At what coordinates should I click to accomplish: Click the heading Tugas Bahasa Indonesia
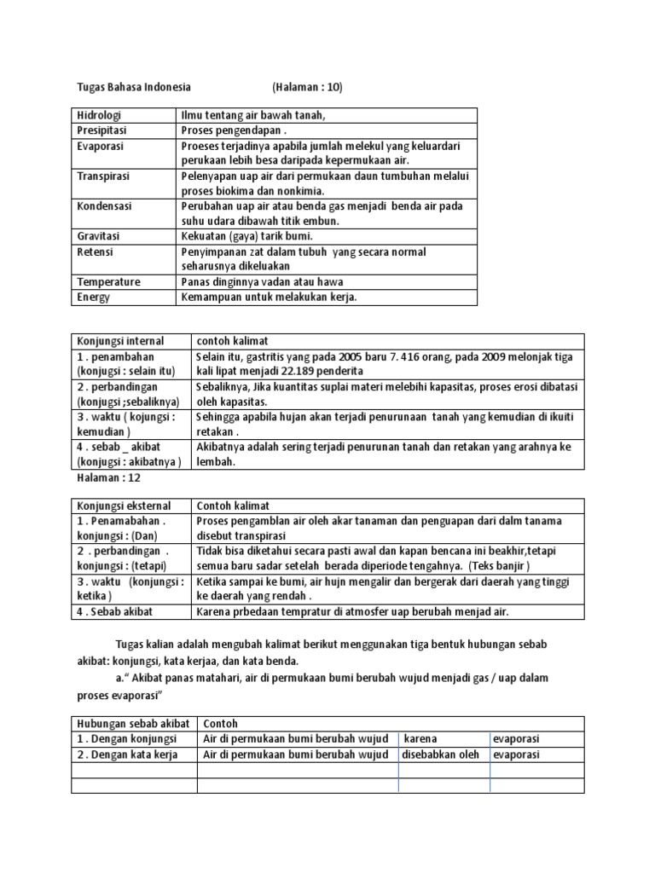[x=129, y=87]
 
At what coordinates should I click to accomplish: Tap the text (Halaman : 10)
[x=308, y=87]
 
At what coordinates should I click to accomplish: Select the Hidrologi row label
[x=100, y=115]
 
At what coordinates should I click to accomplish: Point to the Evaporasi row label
[x=101, y=147]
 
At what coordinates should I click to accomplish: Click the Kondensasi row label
[x=105, y=206]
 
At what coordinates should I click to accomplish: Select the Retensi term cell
[x=95, y=252]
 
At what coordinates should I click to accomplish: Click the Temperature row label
[x=108, y=281]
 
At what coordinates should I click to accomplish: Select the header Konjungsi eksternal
[x=122, y=506]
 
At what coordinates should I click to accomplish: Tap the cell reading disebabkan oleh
[x=442, y=754]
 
